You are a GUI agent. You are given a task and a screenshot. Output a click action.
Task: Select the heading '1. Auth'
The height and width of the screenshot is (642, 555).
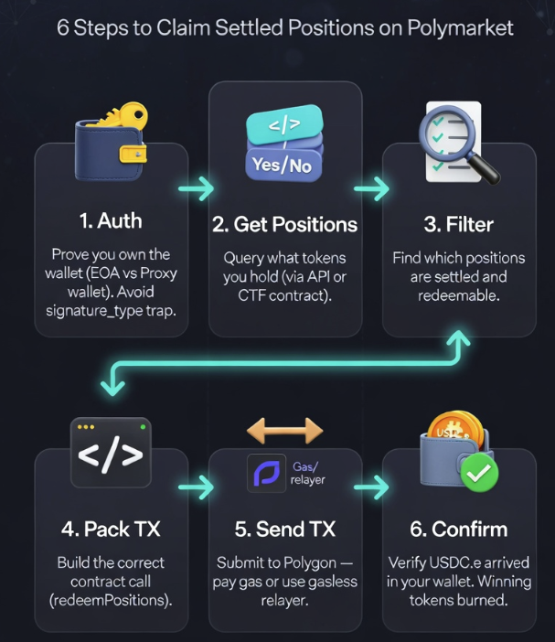coord(110,221)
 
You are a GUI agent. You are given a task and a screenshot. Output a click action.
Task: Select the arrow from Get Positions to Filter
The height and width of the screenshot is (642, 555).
coord(370,189)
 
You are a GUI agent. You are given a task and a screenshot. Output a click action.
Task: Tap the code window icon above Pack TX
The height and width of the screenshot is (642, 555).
coord(112,452)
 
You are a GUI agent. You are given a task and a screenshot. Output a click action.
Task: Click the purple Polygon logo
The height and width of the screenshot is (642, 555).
coord(266,472)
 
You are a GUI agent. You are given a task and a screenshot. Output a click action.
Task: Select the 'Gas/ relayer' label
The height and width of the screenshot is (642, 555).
coord(308,473)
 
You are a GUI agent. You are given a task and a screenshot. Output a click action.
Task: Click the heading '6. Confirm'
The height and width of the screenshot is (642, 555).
coord(458,529)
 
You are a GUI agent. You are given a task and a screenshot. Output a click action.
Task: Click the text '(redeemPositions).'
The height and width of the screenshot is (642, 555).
coord(112,600)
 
